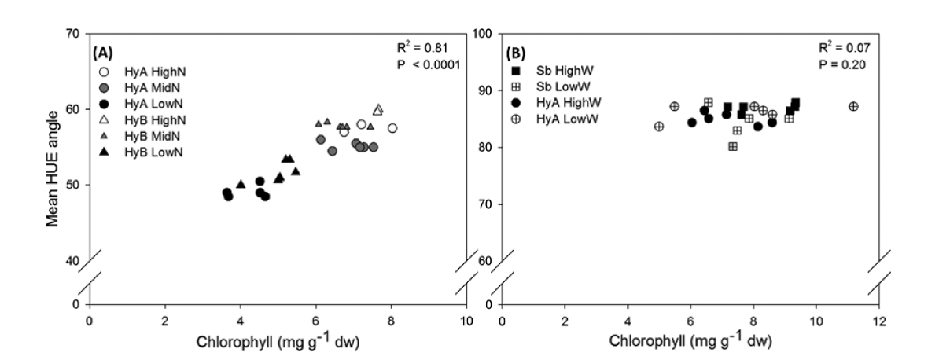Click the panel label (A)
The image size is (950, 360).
tap(104, 53)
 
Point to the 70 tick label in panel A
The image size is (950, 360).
tap(74, 34)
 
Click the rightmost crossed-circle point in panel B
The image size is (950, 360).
tap(854, 106)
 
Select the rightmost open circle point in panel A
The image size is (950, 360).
tap(392, 128)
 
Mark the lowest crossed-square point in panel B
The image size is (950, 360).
tap(733, 146)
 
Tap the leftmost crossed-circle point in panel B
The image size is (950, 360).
tap(659, 127)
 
